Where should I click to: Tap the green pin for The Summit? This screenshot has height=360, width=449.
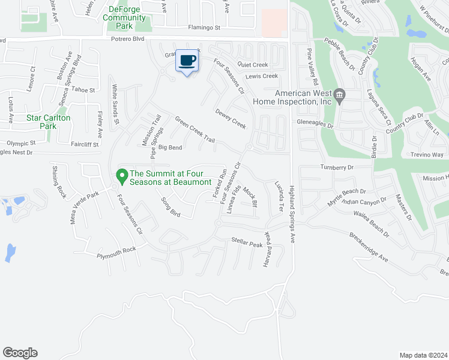122,176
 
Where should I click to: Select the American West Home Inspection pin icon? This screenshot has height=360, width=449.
340,94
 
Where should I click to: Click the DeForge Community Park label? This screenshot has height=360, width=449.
124,13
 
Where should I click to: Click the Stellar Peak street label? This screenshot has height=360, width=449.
247,243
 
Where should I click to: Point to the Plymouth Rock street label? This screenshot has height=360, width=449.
116,253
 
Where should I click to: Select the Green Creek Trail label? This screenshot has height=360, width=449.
194,129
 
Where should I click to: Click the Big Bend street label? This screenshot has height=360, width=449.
170,148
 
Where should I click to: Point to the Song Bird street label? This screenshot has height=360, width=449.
171,206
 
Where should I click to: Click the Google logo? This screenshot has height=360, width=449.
20,353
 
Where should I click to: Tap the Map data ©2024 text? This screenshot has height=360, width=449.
423,355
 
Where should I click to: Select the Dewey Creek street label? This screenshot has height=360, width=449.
231,118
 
